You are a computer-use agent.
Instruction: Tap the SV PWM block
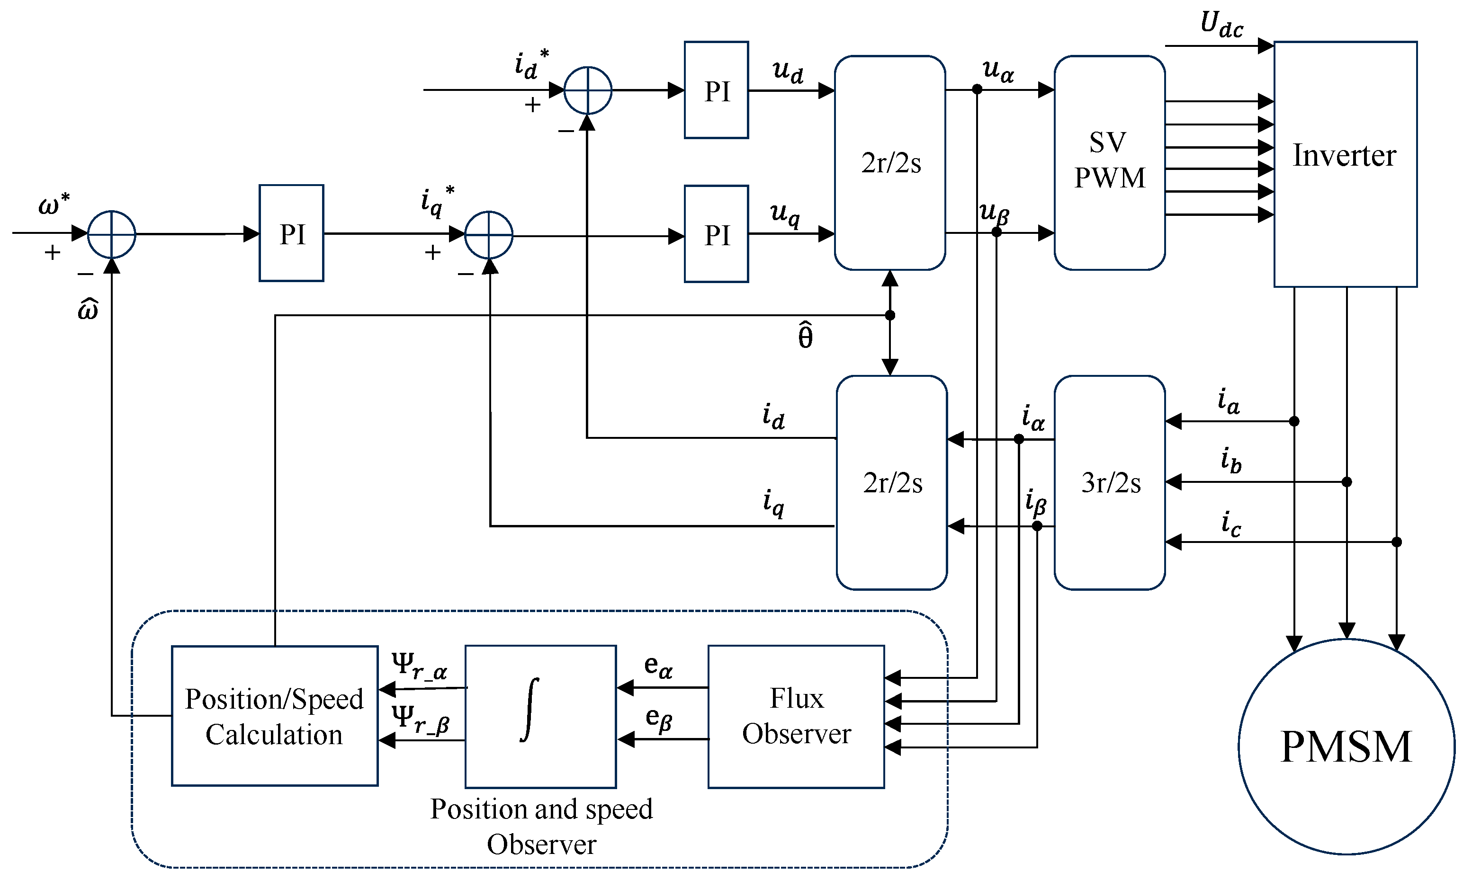coord(1109,162)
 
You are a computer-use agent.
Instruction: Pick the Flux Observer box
coord(796,716)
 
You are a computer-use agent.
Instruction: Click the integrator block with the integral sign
coord(540,716)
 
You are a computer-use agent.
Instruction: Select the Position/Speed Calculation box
coord(274,716)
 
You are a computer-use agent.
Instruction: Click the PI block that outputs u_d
coord(716,90)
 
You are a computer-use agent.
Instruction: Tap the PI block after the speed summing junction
coord(291,233)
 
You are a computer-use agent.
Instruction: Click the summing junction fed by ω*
coord(111,234)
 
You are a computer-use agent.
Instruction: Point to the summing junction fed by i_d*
coord(587,90)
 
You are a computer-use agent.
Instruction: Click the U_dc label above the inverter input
coord(1221,26)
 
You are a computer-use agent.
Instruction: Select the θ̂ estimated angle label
coord(805,336)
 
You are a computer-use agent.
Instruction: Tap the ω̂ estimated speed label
coord(88,310)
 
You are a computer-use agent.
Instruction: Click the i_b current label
coord(1230,461)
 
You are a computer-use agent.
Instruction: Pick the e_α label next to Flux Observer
coord(658,666)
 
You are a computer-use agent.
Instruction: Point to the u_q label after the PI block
coord(785,214)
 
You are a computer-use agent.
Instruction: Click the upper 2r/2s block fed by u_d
coord(889,162)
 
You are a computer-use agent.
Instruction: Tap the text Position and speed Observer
coord(540,826)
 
